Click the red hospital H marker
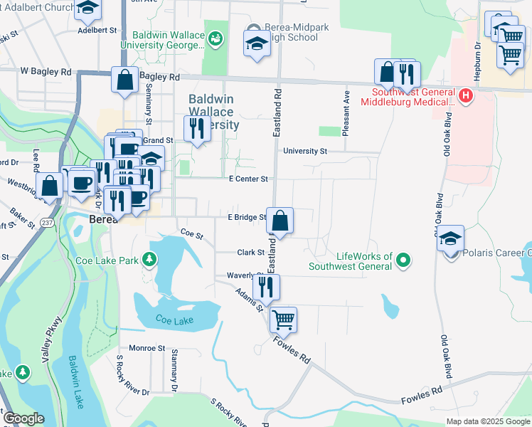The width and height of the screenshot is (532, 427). pyautogui.click(x=465, y=95)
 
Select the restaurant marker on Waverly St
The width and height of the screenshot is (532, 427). pyautogui.click(x=267, y=286)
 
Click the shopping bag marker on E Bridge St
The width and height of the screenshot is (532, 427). pyautogui.click(x=281, y=221)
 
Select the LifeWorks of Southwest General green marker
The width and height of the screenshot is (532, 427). pyautogui.click(x=403, y=260)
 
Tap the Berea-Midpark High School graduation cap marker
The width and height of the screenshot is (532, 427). pyautogui.click(x=257, y=45)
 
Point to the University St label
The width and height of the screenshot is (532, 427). pyautogui.click(x=304, y=151)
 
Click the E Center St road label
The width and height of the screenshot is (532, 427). pyautogui.click(x=248, y=179)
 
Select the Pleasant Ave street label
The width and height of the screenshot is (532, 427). pyautogui.click(x=346, y=113)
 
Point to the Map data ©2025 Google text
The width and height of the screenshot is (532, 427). pyautogui.click(x=488, y=421)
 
